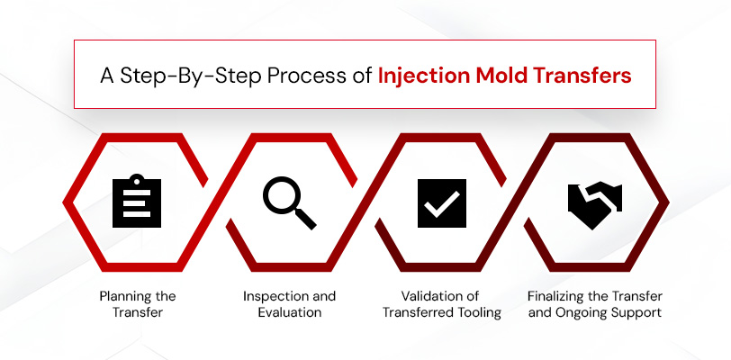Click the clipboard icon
pos(136,202)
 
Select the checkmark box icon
pos(442,202)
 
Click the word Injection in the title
pos(420,75)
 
